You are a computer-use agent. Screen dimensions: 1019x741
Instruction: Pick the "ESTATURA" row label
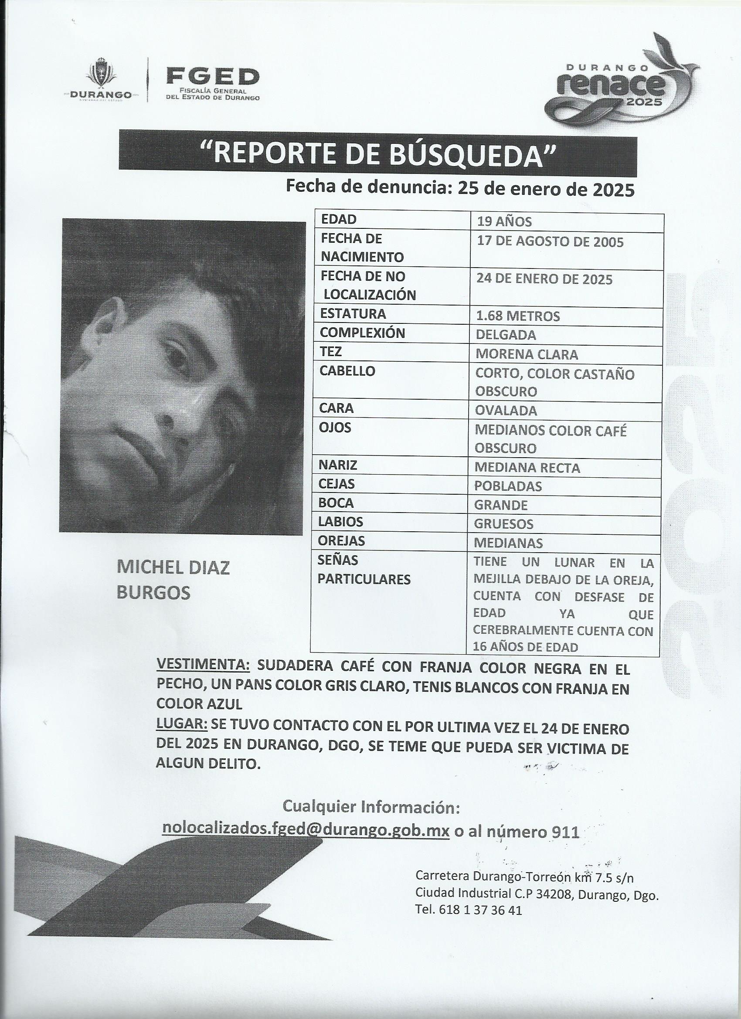tap(353, 314)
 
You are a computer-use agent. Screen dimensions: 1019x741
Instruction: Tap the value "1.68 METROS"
tap(518, 316)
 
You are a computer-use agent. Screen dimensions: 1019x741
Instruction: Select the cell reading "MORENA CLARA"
tap(527, 354)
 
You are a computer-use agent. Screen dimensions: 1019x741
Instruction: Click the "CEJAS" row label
tap(337, 484)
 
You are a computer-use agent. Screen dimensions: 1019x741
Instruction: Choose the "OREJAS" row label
tap(342, 541)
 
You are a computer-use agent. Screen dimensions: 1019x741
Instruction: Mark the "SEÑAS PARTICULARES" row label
tap(364, 570)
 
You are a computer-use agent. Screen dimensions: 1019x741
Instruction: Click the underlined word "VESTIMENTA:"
tap(203, 665)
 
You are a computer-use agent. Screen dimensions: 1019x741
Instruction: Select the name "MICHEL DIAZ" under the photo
tap(173, 568)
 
